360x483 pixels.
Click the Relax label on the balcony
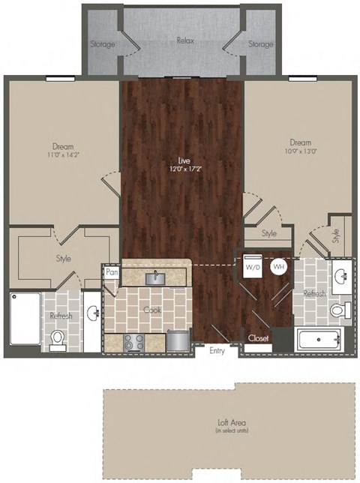(185, 40)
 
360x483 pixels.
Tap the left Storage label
(103, 44)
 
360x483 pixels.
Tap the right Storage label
(261, 44)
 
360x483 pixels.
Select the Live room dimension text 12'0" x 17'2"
(181, 169)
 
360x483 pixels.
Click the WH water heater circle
(278, 266)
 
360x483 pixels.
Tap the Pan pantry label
(112, 273)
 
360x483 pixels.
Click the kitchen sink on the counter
(156, 278)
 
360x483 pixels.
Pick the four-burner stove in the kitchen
(133, 342)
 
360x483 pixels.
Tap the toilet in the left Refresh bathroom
(57, 341)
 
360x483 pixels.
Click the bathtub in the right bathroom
(319, 339)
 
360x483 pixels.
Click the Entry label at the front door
(217, 351)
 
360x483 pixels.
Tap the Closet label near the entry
(258, 338)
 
